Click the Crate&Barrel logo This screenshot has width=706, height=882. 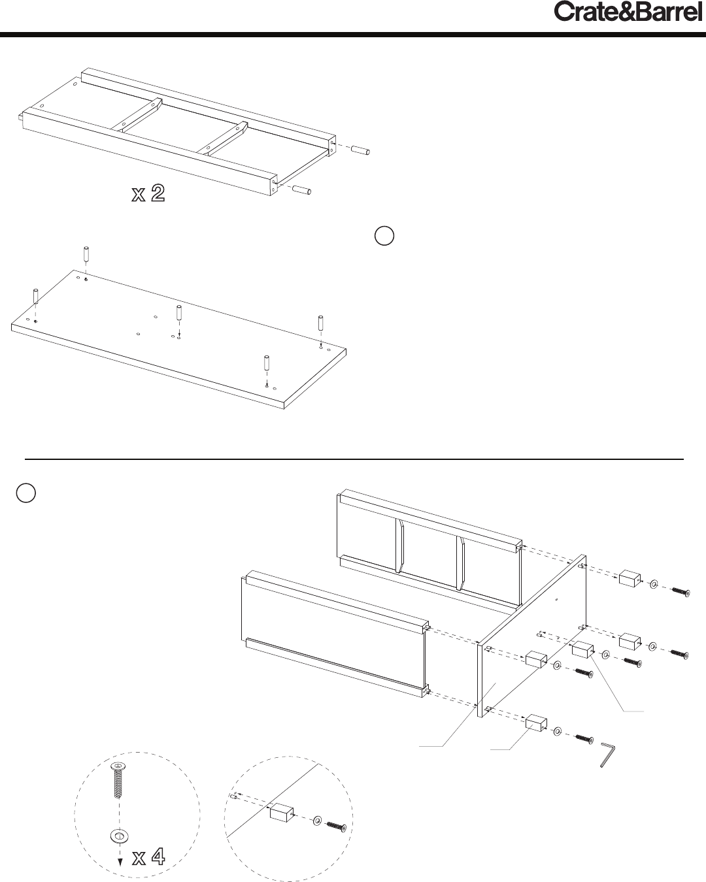click(x=628, y=12)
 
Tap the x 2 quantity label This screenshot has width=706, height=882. click(x=148, y=193)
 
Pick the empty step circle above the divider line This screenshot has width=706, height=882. click(x=384, y=236)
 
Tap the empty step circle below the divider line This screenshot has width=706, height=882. click(x=26, y=493)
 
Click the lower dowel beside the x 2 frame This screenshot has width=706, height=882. click(x=301, y=189)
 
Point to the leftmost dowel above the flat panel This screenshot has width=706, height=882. click(x=36, y=296)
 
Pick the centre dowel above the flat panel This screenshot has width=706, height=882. click(x=179, y=312)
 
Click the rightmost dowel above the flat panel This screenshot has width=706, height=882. click(x=321, y=323)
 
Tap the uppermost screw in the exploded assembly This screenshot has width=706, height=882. click(x=681, y=592)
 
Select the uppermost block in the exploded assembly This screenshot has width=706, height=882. click(x=630, y=578)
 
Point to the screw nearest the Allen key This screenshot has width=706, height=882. click(x=584, y=738)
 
